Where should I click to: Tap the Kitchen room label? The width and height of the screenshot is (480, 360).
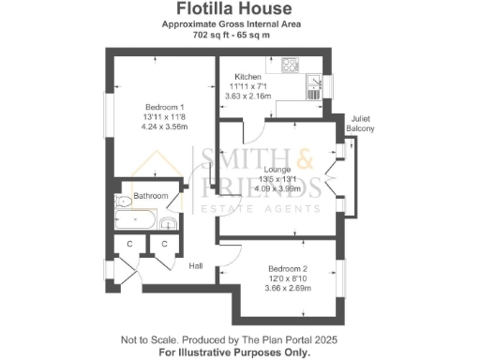(247, 75)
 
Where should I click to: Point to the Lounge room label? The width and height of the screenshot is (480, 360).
(277, 169)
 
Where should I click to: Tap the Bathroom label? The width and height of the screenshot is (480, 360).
(150, 196)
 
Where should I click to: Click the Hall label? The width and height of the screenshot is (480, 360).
(196, 266)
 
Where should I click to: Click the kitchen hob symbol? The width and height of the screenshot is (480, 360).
(290, 67)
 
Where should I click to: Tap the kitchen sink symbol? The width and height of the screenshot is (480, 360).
(313, 87)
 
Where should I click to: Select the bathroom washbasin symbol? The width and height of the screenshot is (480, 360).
(166, 223)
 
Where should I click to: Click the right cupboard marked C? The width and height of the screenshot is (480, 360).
(163, 245)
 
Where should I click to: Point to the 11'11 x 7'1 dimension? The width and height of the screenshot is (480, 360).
(247, 85)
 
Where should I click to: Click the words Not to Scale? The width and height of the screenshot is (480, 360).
(148, 338)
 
